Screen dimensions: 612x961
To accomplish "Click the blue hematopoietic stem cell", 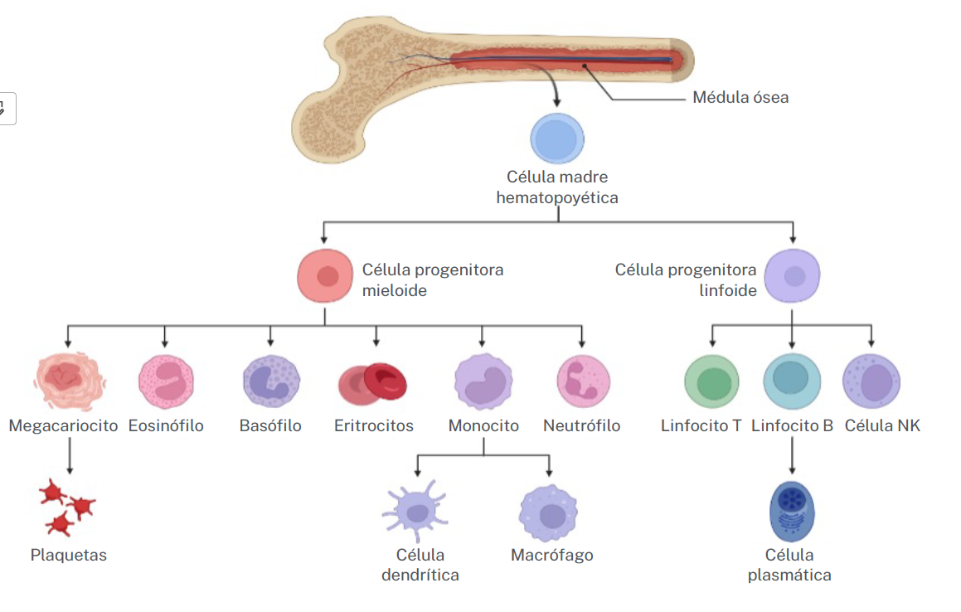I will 557,139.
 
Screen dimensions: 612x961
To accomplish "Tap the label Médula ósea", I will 740,98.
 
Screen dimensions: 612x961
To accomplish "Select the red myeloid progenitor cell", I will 326,276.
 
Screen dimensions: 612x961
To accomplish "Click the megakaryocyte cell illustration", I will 70,381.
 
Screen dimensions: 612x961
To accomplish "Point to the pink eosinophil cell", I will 166,381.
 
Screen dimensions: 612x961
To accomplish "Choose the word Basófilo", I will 270,426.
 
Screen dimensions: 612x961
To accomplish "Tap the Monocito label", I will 483,426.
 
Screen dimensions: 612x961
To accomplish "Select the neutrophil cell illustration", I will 584,381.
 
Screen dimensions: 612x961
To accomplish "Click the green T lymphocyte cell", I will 711,382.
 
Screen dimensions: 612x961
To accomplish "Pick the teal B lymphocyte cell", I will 792,381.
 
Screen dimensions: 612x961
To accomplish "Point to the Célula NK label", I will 882,426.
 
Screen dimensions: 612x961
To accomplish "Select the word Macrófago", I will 552,556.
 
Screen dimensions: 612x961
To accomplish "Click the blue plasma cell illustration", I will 792,510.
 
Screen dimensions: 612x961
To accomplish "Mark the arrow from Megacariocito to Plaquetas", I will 70,456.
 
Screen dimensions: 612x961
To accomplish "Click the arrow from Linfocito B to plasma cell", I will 793,456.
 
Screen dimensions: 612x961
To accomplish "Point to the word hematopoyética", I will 557,198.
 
